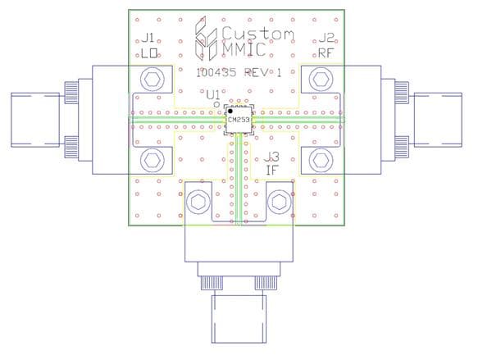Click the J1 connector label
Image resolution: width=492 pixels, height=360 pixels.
148,38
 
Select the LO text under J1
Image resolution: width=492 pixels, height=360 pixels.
149,54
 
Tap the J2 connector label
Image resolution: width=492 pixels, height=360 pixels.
326,38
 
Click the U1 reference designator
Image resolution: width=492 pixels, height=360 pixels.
213,93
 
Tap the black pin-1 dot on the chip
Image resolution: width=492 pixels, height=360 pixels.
231,112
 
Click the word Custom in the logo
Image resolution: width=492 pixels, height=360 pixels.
257,34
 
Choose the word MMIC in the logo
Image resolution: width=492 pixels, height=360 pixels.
244,51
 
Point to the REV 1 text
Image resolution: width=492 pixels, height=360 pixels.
266,72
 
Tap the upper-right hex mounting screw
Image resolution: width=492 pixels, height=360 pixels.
320,80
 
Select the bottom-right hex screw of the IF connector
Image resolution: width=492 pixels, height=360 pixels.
280,203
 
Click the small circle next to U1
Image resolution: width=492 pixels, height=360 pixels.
216,105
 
